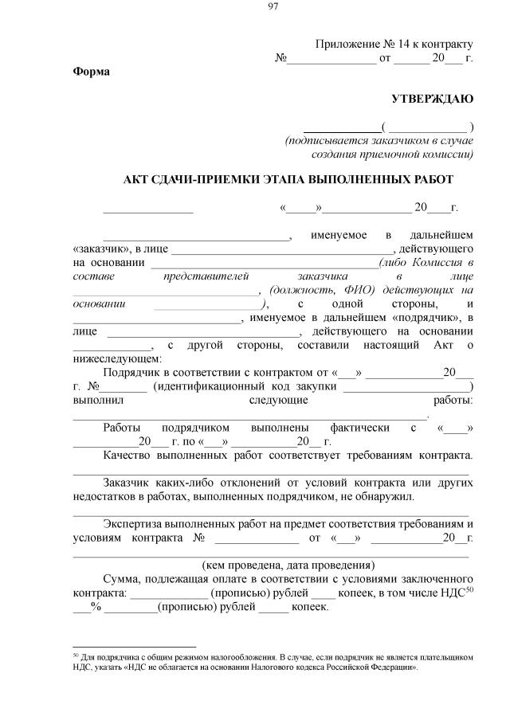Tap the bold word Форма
(92, 72)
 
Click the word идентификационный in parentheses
(208, 386)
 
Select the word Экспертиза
(135, 524)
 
